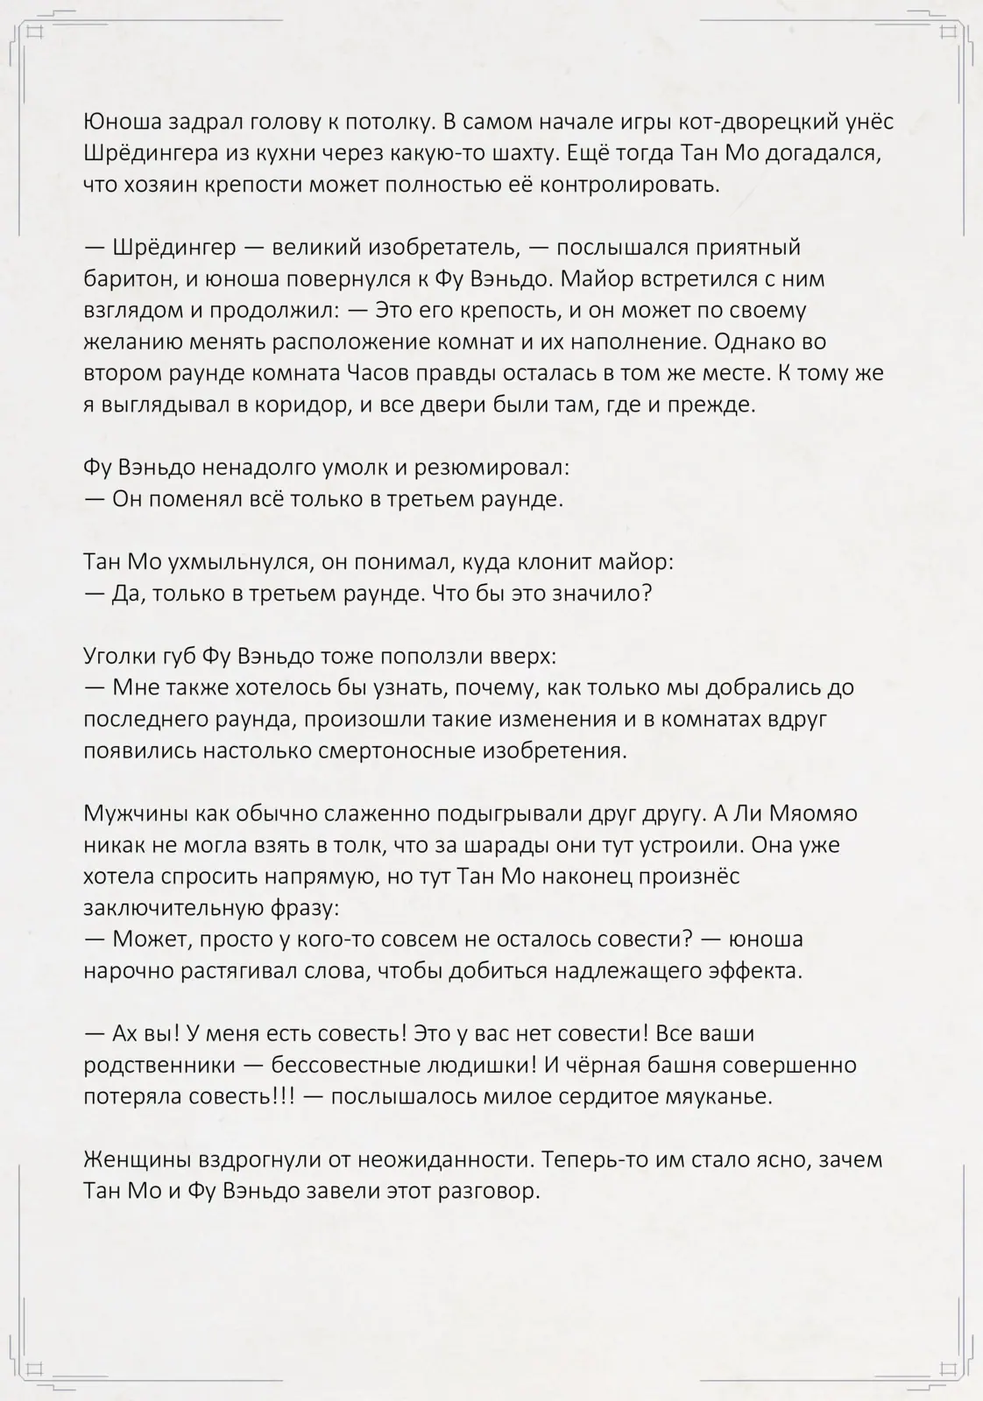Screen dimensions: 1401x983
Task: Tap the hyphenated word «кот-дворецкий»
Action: pyautogui.click(x=747, y=123)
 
